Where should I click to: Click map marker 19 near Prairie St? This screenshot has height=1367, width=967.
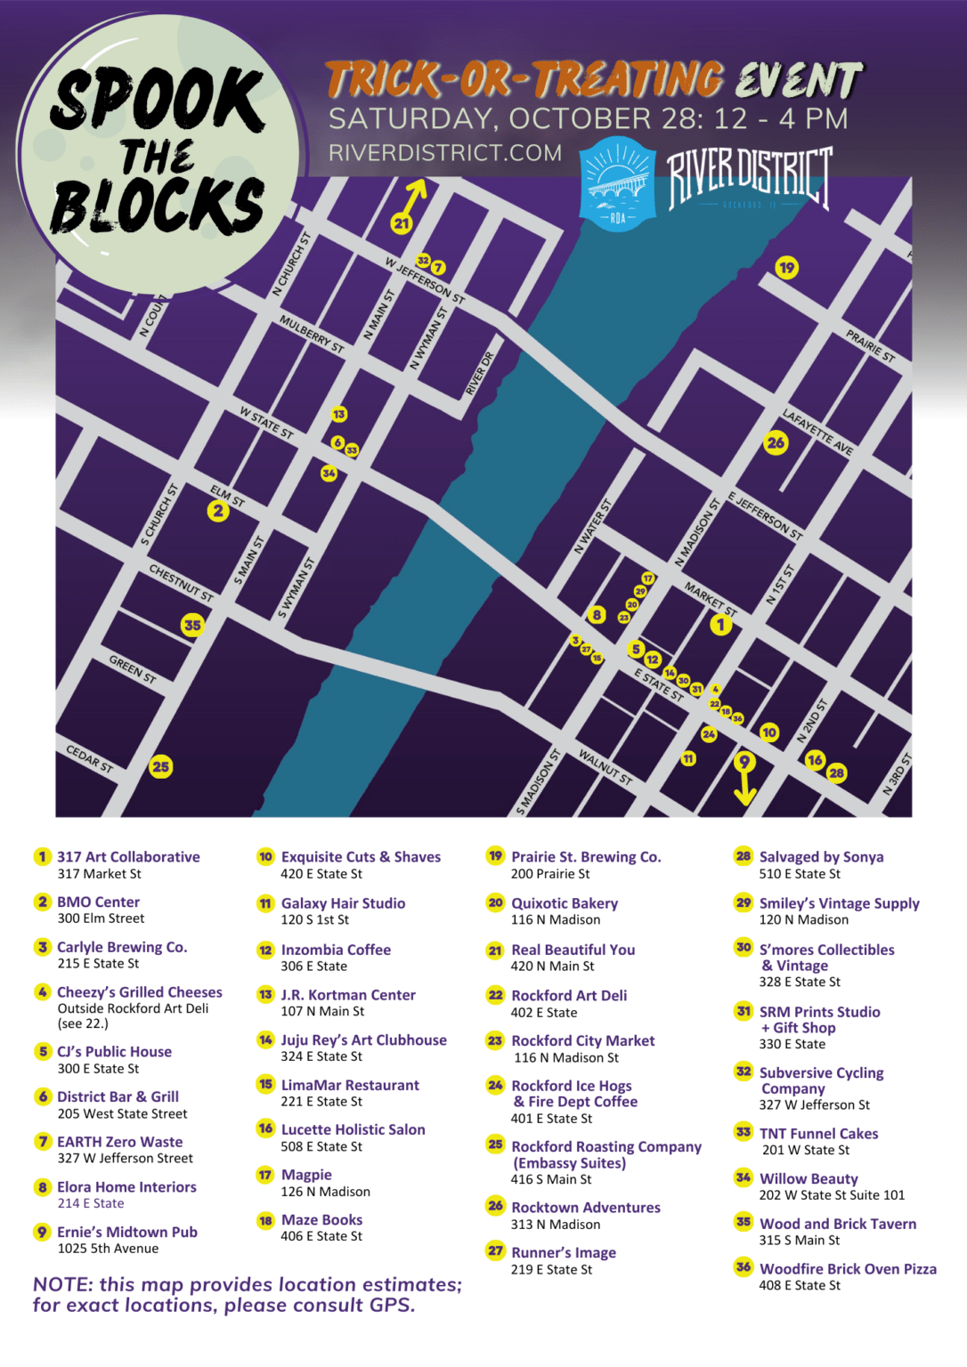[x=786, y=267]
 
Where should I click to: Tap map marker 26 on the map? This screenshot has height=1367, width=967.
[x=776, y=442]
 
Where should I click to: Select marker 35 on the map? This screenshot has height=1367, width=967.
[x=192, y=625]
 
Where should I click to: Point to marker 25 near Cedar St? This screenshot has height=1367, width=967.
[x=161, y=766]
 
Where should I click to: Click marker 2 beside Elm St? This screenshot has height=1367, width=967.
[x=218, y=511]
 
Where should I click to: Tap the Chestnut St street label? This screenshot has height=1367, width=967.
[x=181, y=583]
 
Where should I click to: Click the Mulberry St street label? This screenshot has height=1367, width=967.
[x=312, y=334]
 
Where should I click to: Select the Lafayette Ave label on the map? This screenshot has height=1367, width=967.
[x=817, y=432]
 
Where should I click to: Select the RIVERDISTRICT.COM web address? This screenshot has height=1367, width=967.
[x=445, y=153]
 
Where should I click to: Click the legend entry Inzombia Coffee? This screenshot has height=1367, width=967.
[x=336, y=950]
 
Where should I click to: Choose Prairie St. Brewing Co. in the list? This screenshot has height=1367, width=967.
[x=586, y=857]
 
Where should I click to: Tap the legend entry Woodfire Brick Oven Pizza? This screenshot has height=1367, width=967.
[x=848, y=1269]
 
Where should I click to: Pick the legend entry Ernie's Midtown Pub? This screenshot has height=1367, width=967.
[x=127, y=1232]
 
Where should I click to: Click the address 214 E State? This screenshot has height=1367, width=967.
[x=91, y=1203]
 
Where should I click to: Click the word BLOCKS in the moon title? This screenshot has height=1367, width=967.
[x=158, y=205]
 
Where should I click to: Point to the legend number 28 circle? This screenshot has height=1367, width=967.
[x=744, y=856]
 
